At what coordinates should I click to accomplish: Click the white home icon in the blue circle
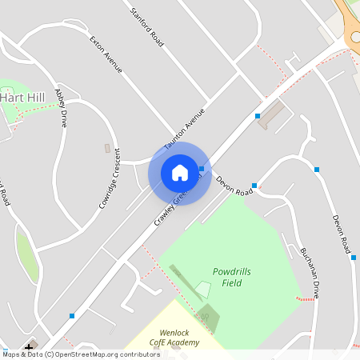pos(180,173)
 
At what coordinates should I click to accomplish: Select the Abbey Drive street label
pos(60,108)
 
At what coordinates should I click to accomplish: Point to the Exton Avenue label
pos(106,54)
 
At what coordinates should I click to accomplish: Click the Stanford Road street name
pos(147,26)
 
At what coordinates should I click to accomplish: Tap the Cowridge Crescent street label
pos(110,180)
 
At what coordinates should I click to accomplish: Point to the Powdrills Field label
pos(232,277)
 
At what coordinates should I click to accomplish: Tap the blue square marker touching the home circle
pos(202,169)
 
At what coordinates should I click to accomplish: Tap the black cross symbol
pos(30,349)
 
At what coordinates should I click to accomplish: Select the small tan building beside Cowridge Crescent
pos(107,148)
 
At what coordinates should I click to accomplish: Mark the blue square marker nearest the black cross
pos(72,316)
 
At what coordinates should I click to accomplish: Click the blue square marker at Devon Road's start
pos(254,185)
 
